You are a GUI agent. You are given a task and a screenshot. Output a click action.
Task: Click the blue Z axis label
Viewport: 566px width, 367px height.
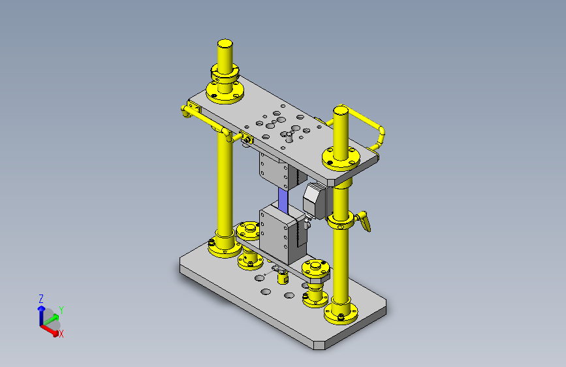tap(41, 298)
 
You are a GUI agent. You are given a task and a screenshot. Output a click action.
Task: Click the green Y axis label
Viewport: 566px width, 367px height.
tap(61, 310)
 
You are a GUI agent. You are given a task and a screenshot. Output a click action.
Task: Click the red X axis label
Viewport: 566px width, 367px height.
tap(61, 334)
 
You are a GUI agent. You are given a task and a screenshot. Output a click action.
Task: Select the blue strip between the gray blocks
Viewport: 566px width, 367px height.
tap(283, 200)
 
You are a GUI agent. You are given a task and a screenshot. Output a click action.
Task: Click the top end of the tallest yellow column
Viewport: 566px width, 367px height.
tap(225, 43)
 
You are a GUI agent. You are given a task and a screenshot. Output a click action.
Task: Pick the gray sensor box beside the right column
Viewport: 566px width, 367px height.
tap(315, 200)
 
